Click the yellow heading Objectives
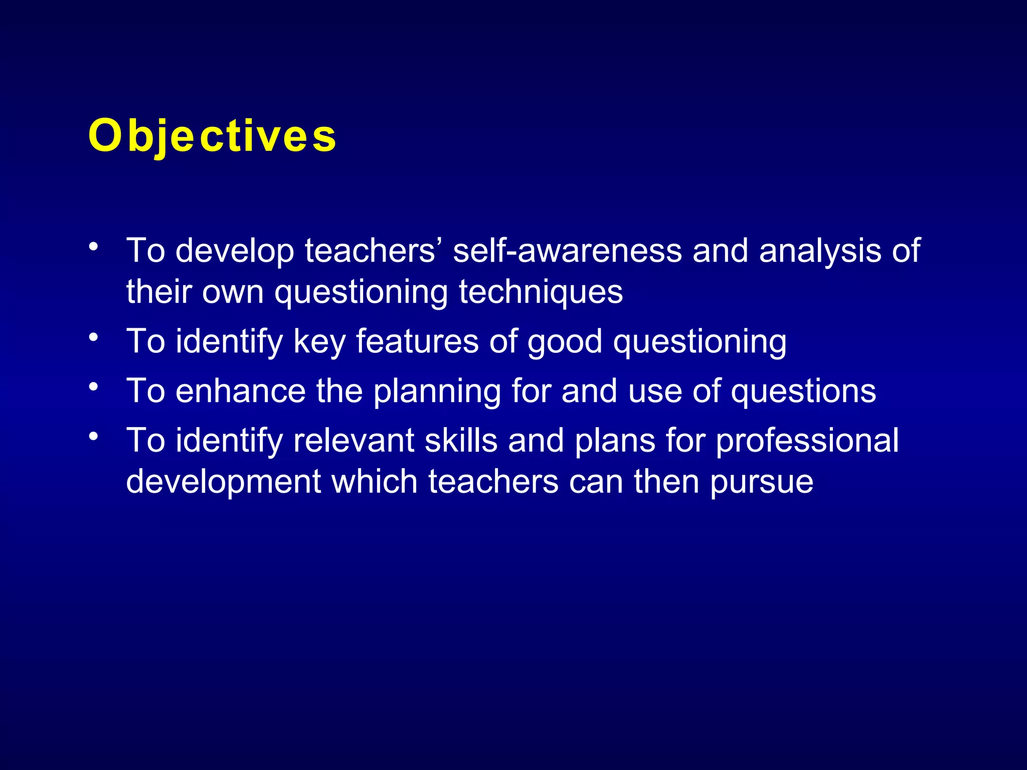coord(212,136)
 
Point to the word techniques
coord(541,292)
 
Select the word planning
coord(437,392)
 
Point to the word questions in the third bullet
coord(803,392)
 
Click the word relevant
coord(354,440)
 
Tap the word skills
coord(461,440)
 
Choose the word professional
coord(807,441)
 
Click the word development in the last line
coord(223,482)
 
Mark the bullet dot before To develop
coord(93,247)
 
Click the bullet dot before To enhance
coord(93,387)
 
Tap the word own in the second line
coord(233,292)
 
